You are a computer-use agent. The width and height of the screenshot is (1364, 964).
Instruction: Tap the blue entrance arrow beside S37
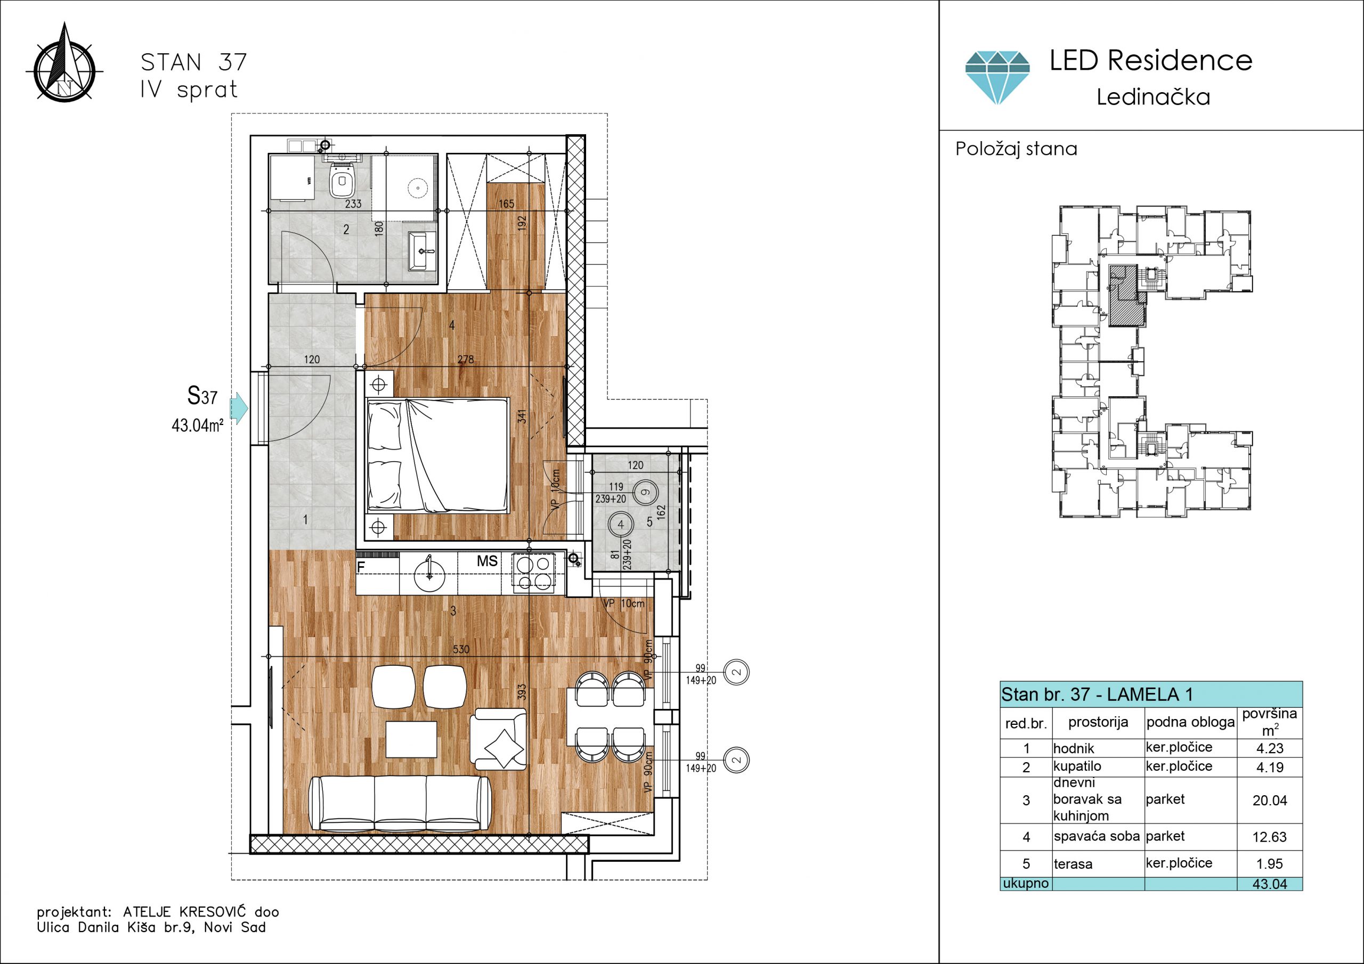(x=239, y=407)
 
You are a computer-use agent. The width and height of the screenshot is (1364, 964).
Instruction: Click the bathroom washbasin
(x=423, y=251)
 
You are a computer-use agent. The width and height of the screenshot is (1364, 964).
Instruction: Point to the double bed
(x=438, y=455)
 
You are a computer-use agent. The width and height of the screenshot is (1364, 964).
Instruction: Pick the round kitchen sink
(x=429, y=574)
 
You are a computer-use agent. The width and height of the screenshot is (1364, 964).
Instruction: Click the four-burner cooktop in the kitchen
(x=533, y=573)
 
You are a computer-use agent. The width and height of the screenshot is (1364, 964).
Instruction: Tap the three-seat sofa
(x=400, y=803)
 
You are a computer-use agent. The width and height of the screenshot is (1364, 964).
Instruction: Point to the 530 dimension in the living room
(x=461, y=649)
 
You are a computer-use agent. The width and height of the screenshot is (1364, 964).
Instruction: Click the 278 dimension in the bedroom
(x=466, y=360)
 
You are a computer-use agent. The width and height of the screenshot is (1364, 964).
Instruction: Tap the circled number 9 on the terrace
(x=646, y=492)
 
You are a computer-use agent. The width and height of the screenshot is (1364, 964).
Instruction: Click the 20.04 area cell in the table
(x=1270, y=800)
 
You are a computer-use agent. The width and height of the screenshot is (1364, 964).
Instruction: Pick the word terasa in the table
(x=1073, y=864)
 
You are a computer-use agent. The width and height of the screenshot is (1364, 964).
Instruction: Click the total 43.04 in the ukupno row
(x=1270, y=884)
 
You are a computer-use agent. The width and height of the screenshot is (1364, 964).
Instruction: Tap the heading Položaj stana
(x=1017, y=149)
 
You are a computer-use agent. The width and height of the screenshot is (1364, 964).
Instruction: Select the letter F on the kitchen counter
(x=361, y=567)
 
